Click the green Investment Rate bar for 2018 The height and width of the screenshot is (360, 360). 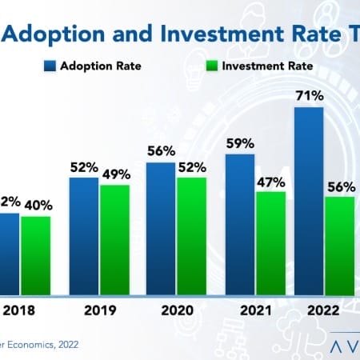tap(35, 255)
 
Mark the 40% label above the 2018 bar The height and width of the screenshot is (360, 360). tap(36, 206)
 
